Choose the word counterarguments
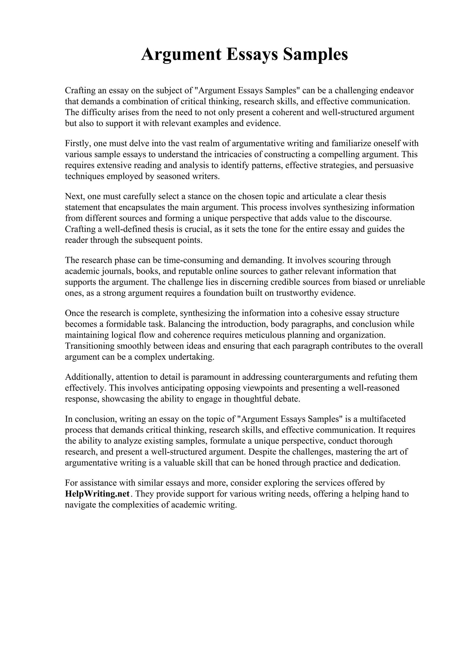click(326, 377)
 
